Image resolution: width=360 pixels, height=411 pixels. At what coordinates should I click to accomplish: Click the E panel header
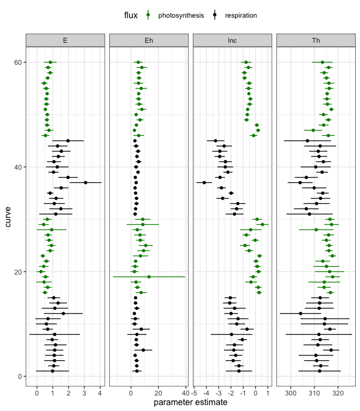pos(65,40)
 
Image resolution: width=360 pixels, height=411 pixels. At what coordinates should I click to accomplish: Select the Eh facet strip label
pos(148,40)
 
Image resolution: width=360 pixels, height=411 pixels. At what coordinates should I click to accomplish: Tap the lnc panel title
pos(232,40)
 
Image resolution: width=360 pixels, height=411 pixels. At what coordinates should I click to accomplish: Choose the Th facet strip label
pos(316,40)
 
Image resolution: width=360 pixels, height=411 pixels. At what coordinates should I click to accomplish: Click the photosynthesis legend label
pos(181,16)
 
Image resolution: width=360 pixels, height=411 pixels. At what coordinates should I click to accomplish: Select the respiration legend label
pos(241,16)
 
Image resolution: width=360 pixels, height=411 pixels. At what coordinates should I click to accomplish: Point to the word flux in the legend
pos(131,16)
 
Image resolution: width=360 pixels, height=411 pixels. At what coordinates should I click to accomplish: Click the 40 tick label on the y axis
pos(16,167)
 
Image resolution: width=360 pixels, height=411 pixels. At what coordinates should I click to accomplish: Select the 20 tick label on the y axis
pos(16,272)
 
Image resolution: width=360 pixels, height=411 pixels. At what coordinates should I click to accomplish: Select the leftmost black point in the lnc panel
pos(205,182)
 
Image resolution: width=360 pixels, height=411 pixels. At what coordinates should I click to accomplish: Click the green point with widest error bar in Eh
pos(149,277)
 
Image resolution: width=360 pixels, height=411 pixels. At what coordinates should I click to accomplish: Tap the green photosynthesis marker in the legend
pos(148,16)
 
